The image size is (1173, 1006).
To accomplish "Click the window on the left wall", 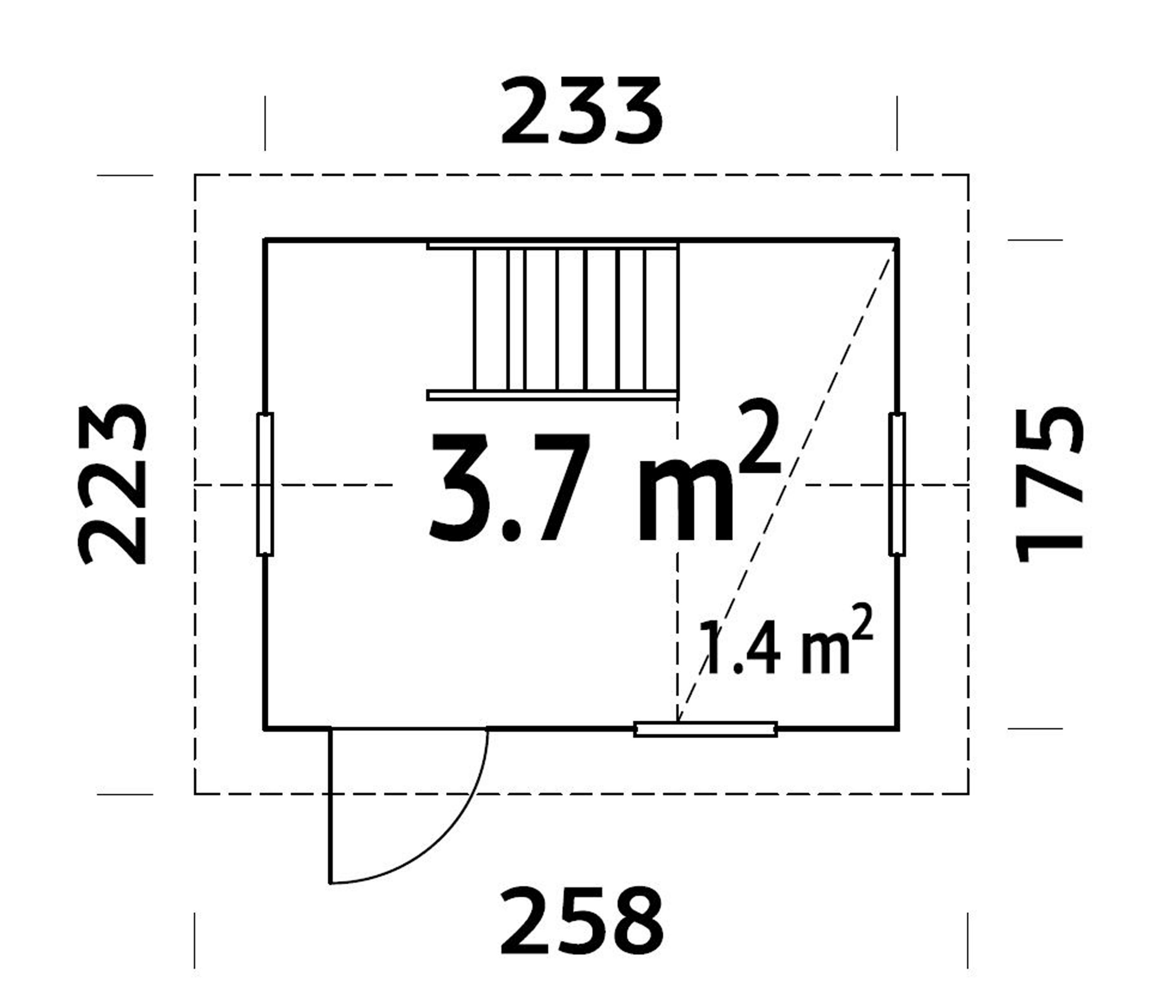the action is [265, 484].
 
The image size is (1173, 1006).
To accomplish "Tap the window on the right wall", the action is [897, 484].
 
